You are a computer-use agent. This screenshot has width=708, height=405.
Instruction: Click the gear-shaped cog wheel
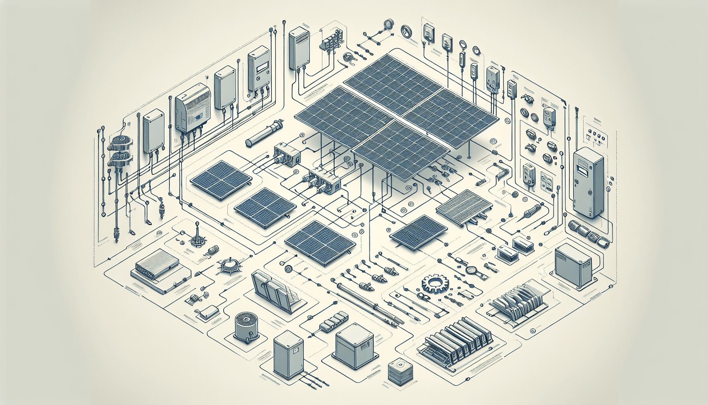tap(436, 284)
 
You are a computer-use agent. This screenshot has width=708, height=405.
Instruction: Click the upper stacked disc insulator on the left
tap(121, 143)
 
